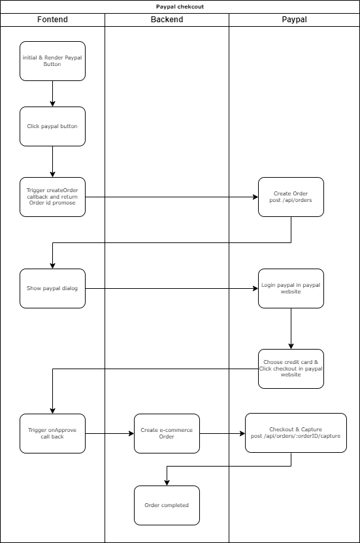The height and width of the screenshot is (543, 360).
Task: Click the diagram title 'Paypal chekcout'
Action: pyautogui.click(x=180, y=7)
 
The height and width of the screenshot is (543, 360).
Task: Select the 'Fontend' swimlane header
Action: pyautogui.click(x=52, y=20)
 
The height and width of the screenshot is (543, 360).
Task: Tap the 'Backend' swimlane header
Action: pyautogui.click(x=167, y=20)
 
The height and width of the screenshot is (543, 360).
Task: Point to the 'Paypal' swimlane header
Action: pyautogui.click(x=294, y=20)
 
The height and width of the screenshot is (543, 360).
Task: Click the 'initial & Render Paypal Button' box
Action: pyautogui.click(x=52, y=61)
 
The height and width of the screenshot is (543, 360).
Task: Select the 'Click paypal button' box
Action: pyautogui.click(x=52, y=126)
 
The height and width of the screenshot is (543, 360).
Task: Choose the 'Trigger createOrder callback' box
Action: pyautogui.click(x=52, y=197)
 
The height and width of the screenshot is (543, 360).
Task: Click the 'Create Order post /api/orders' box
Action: pyautogui.click(x=291, y=197)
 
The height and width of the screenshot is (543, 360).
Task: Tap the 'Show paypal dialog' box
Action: pyautogui.click(x=52, y=288)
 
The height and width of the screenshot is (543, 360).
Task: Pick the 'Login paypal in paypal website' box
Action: pyautogui.click(x=291, y=288)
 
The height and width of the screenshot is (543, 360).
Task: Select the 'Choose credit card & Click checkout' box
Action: pyautogui.click(x=291, y=369)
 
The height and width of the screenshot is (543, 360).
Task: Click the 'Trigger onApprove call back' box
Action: pyautogui.click(x=52, y=433)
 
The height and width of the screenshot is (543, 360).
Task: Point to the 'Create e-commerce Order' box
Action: pyautogui.click(x=167, y=433)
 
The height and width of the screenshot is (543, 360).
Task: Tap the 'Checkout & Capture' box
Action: pyautogui.click(x=295, y=433)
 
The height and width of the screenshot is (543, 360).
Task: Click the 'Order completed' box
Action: pyautogui.click(x=167, y=505)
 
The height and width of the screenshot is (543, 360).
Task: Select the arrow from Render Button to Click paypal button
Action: pyautogui.click(x=52, y=93)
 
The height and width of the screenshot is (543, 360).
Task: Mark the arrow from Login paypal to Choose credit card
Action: pyautogui.click(x=291, y=329)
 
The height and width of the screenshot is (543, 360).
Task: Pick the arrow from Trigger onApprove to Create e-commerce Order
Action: pyautogui.click(x=109, y=433)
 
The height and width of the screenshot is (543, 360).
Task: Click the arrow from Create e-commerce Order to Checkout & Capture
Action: pyautogui.click(x=222, y=433)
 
